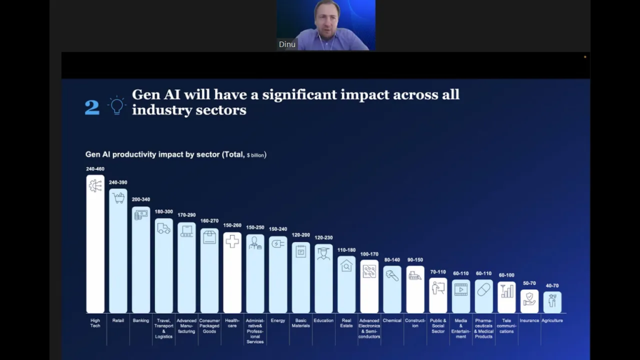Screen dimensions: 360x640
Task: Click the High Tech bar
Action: click(95, 244)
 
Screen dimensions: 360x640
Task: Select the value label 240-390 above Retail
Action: click(118, 182)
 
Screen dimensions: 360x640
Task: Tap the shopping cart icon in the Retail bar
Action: click(118, 198)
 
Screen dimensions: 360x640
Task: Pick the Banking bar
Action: click(141, 259)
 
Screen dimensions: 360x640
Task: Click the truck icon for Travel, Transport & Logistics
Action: click(164, 228)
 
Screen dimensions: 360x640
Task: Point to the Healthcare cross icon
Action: click(232, 241)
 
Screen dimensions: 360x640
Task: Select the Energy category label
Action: click(278, 321)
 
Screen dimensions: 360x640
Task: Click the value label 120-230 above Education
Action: click(324, 237)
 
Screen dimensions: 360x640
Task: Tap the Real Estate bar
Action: click(346, 284)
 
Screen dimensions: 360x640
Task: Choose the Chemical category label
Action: click(392, 321)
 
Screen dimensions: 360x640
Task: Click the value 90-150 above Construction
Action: click(415, 260)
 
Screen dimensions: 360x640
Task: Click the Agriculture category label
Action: click(552, 321)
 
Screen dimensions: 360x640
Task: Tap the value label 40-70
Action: click(552, 286)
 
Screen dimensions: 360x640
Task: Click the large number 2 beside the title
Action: click(92, 107)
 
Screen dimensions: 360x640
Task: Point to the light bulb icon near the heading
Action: click(116, 106)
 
